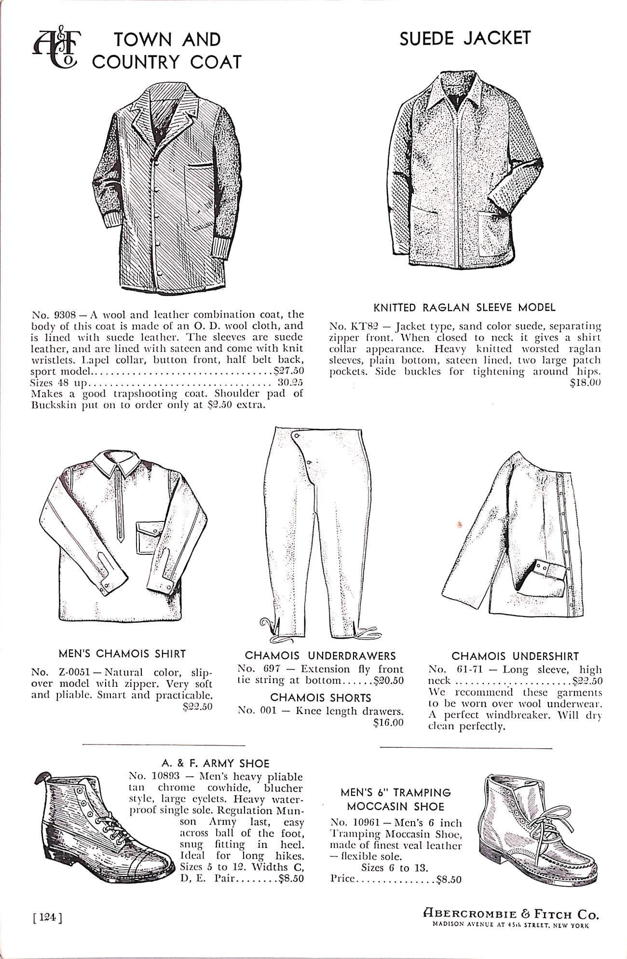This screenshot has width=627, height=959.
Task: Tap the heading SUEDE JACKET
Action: tap(464, 38)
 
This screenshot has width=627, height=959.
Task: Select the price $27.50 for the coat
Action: tap(288, 371)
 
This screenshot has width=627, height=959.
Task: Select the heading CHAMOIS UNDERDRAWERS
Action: tap(320, 656)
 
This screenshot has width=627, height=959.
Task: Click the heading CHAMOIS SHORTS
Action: tap(320, 698)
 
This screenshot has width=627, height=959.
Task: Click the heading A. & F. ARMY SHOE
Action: tap(215, 763)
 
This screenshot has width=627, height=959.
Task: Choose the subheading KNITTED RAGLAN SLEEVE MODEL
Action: tap(464, 307)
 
